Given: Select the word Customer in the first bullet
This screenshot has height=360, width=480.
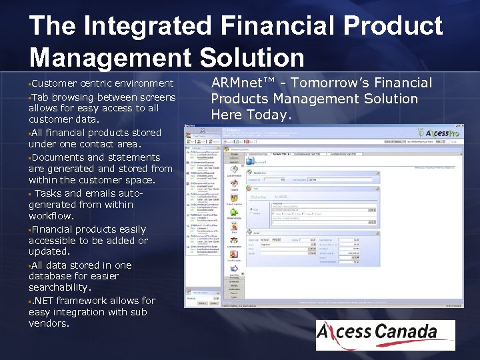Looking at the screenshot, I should tap(54, 83).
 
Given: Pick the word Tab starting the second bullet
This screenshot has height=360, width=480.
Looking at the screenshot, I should tap(40, 96).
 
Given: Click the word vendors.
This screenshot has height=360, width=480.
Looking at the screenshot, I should tap(49, 324).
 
